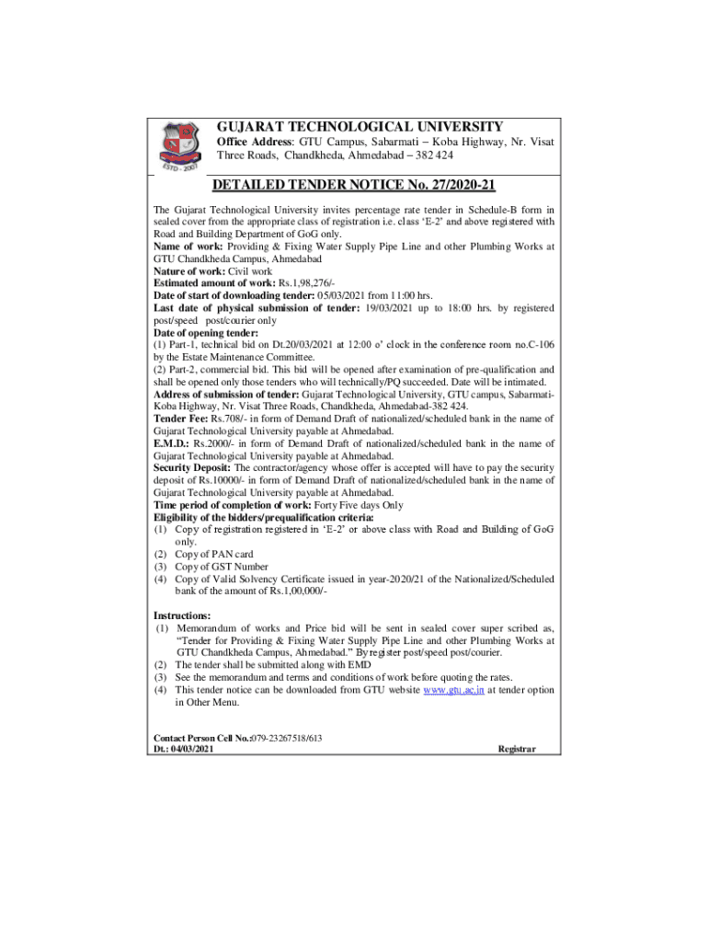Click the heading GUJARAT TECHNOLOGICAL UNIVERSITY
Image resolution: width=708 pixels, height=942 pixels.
pyautogui.click(x=360, y=127)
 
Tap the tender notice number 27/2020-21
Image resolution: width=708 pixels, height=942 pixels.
pyautogui.click(x=458, y=186)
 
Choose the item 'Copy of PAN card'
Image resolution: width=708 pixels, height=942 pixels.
pyautogui.click(x=214, y=554)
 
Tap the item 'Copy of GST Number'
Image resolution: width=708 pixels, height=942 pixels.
pyautogui.click(x=222, y=567)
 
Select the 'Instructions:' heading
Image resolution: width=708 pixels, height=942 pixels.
pyautogui.click(x=182, y=615)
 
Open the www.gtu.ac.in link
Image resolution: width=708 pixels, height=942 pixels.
pyautogui.click(x=454, y=689)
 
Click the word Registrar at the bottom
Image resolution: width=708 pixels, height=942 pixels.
pyautogui.click(x=517, y=750)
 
